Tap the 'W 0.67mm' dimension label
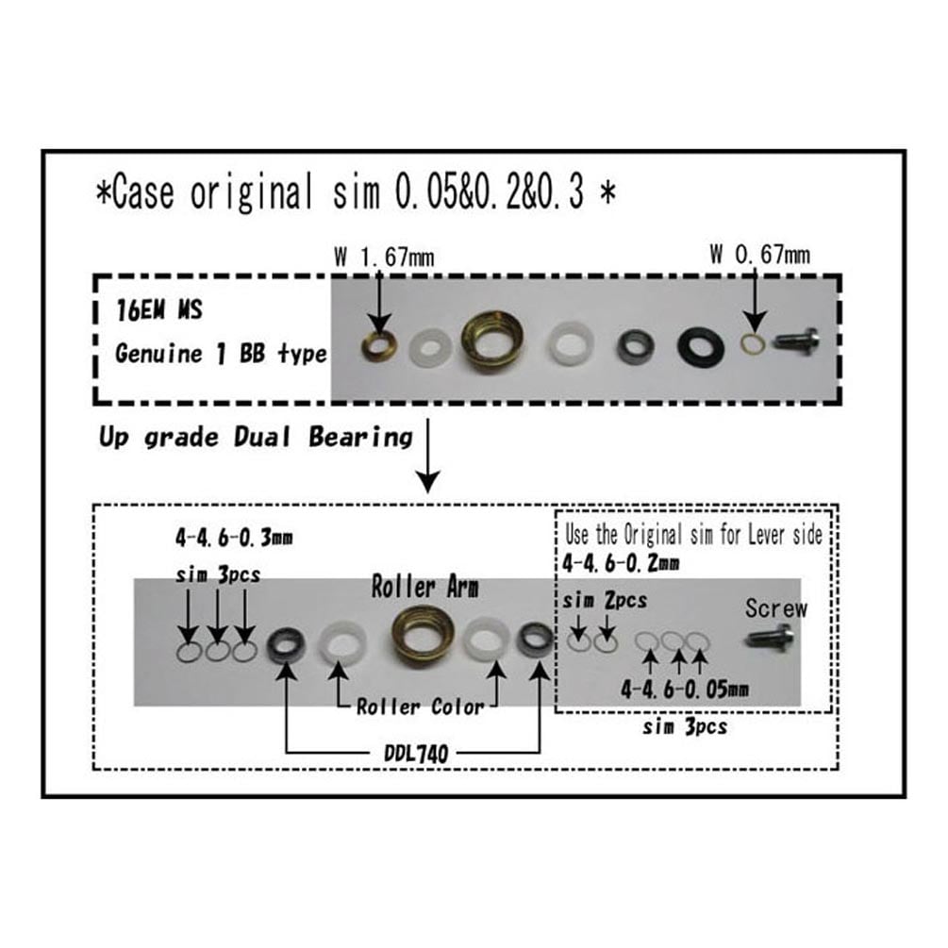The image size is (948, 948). coord(760,255)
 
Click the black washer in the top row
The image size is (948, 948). coord(701,347)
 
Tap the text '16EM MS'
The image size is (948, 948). coord(159,310)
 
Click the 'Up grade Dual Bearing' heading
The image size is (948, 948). coord(256,437)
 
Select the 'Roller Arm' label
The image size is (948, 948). coord(424,587)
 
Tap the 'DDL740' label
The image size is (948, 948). coord(417,753)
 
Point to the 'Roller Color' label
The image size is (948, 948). coord(420,707)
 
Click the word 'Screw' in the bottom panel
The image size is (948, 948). coord(775,608)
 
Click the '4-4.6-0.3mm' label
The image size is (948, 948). coord(234,538)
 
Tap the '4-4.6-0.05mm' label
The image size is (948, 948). coord(685,689)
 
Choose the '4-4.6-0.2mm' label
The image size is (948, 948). coord(621,563)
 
